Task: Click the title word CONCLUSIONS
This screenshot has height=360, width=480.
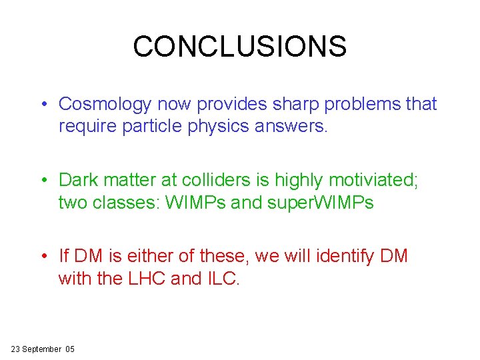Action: pyautogui.click(x=240, y=47)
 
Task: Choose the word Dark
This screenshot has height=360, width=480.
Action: pyautogui.click(x=78, y=180)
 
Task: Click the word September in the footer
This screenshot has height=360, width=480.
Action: pyautogui.click(x=45, y=349)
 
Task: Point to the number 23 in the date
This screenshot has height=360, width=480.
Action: pyautogui.click(x=16, y=349)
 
